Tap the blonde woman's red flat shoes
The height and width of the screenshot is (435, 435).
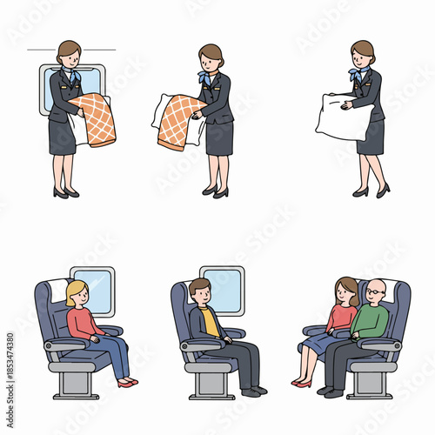(127, 382)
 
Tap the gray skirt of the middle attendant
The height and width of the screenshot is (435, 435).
(219, 137)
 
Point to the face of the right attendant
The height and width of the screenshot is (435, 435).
(360, 57)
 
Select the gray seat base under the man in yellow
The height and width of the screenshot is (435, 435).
(209, 371)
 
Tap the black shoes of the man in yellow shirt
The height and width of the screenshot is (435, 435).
(252, 392)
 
